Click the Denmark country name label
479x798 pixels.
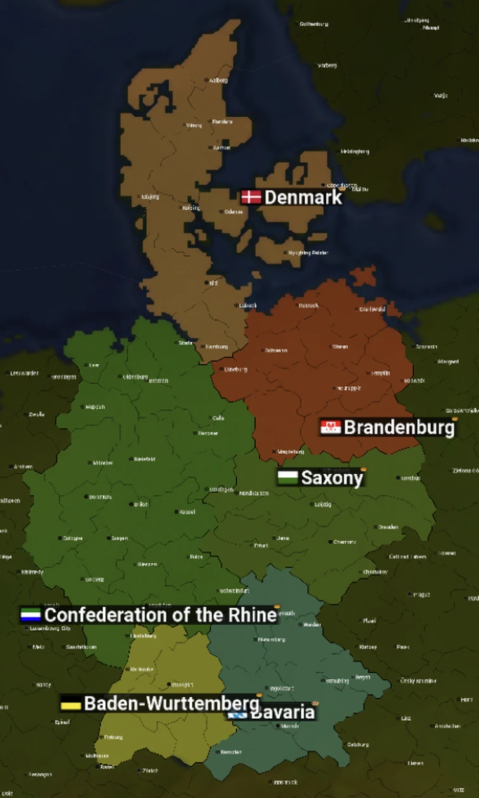pos(303,198)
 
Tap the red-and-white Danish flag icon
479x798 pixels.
pos(251,197)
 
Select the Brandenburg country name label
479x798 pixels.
pos(398,428)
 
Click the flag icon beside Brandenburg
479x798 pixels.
pos(331,428)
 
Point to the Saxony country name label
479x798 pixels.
pos(331,478)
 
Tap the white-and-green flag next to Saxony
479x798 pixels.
pos(287,477)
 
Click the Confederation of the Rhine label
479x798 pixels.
pos(161,615)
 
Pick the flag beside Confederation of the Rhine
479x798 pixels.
pos(30,615)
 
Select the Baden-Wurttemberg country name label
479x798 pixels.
pos(171,703)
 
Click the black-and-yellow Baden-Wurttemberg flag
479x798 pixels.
pos(70,704)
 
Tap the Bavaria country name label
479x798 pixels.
pos(284,712)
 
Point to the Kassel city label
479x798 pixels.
pos(187,512)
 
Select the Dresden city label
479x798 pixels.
pos(388,527)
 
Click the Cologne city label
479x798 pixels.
pos(72,538)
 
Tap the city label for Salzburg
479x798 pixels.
pos(358,744)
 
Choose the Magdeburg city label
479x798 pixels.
pos(291,452)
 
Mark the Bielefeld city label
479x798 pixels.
pos(145,459)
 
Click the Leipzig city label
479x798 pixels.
pos(322,505)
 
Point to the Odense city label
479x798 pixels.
pos(233,212)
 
